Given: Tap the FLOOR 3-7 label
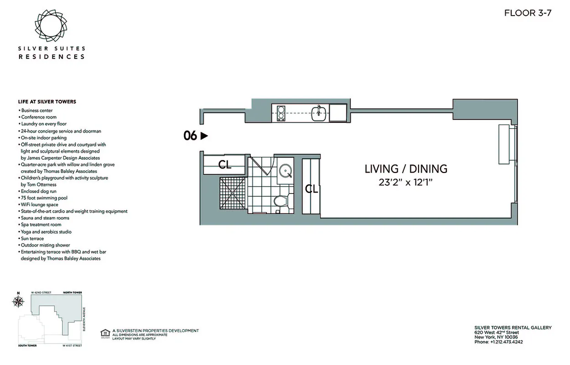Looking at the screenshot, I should (528, 13).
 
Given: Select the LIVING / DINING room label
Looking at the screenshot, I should (405, 169).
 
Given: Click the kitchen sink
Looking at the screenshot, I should (319, 113).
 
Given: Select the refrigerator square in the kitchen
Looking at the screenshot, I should (337, 113).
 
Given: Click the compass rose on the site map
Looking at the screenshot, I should (18, 301).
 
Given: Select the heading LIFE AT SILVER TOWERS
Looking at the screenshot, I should (47, 102).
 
